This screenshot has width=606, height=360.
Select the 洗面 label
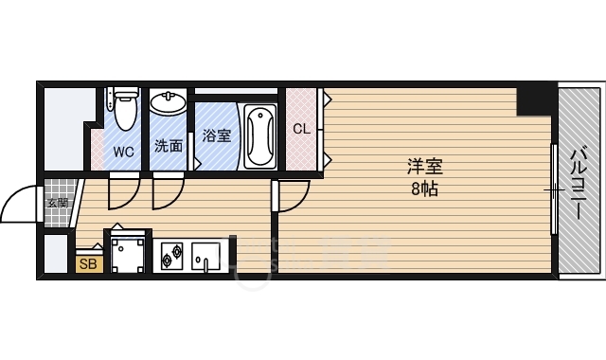click(169, 147)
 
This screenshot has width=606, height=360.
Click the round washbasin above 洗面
click(169, 100)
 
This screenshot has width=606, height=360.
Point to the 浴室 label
click(217, 135)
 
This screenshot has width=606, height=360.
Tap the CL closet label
click(300, 129)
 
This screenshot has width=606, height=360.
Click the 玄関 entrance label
click(58, 202)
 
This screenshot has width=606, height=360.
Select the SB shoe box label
click(89, 264)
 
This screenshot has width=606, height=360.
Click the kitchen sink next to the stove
click(205, 255)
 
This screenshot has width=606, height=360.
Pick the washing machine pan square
click(127, 252)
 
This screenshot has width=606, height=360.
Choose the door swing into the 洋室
click(293, 195)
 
